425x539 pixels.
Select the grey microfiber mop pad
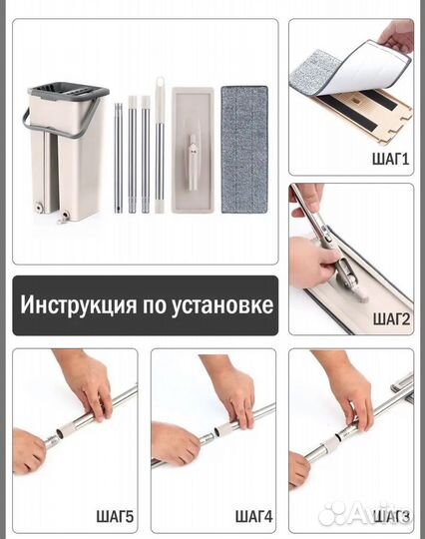[243, 150]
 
